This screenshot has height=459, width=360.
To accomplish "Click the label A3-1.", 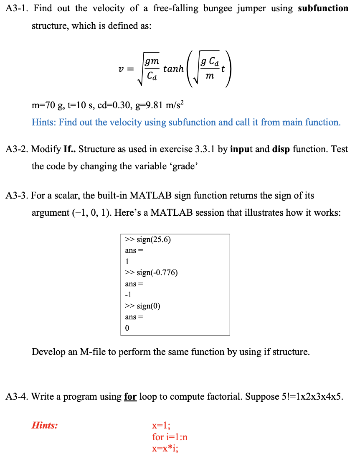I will [x=18, y=8].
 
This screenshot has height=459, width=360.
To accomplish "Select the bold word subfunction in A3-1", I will [x=323, y=8].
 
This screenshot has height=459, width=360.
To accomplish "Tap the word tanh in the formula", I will [x=174, y=69].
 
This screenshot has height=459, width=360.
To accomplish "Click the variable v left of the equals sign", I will [x=120, y=69].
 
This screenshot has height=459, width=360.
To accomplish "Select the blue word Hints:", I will [x=44, y=122].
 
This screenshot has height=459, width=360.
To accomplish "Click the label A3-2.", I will [x=18, y=149].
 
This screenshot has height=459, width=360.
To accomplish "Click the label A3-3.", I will [x=18, y=196].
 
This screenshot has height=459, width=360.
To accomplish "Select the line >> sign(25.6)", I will [x=148, y=240].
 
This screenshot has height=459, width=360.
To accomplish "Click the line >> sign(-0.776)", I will [x=151, y=273].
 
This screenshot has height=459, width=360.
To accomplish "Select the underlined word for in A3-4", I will [x=130, y=396].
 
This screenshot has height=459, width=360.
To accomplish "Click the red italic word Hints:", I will [x=45, y=426].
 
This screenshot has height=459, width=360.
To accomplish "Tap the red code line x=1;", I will [x=161, y=426].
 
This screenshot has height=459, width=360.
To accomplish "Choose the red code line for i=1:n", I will [x=170, y=437].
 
